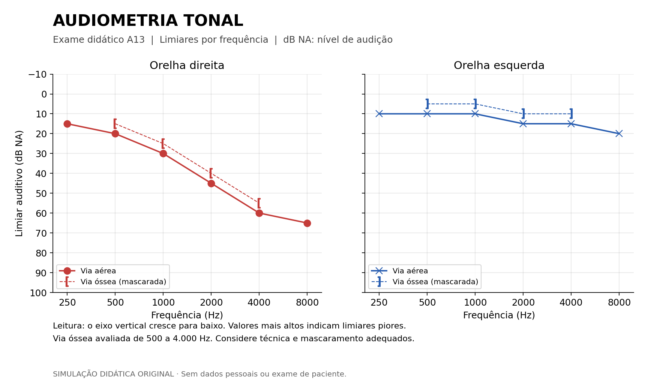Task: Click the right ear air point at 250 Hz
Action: (67, 124)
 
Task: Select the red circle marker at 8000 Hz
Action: (307, 223)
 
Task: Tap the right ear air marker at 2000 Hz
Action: (211, 183)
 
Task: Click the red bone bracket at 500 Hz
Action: (115, 124)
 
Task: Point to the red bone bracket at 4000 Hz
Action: (259, 203)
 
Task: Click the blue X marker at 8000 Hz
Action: (619, 133)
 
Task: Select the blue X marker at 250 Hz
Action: (379, 114)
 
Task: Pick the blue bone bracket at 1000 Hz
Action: (475, 104)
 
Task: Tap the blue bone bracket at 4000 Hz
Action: (571, 114)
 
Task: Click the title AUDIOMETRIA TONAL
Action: (148, 21)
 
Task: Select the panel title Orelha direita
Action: (187, 66)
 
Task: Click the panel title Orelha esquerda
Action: (499, 66)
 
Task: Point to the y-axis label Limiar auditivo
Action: (19, 183)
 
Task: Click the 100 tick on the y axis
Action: (38, 293)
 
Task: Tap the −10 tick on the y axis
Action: (37, 74)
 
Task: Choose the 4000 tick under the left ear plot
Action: (571, 303)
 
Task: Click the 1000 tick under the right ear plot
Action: (163, 303)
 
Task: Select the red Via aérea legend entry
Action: (88, 271)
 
